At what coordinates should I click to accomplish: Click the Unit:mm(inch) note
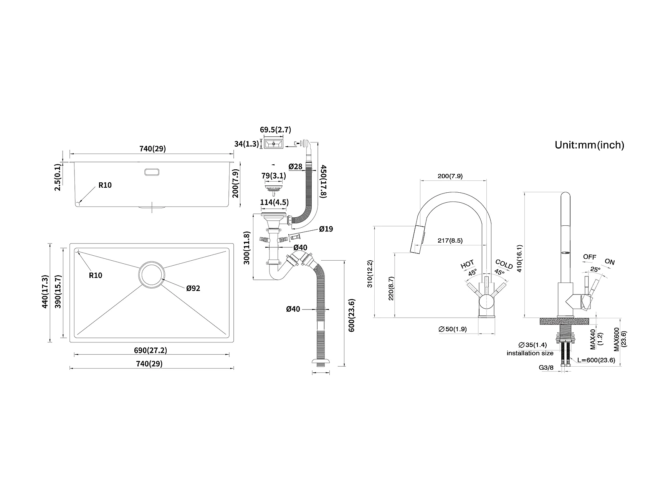click(589, 145)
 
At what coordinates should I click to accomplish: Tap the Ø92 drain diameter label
click(193, 288)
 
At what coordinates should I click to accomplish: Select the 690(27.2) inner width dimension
click(150, 350)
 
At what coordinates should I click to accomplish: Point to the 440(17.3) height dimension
click(45, 291)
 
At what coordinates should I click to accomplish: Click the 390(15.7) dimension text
click(58, 291)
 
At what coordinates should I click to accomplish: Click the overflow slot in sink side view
click(152, 172)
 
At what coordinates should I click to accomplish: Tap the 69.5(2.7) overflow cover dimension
click(275, 129)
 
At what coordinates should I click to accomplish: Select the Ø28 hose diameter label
click(296, 167)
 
